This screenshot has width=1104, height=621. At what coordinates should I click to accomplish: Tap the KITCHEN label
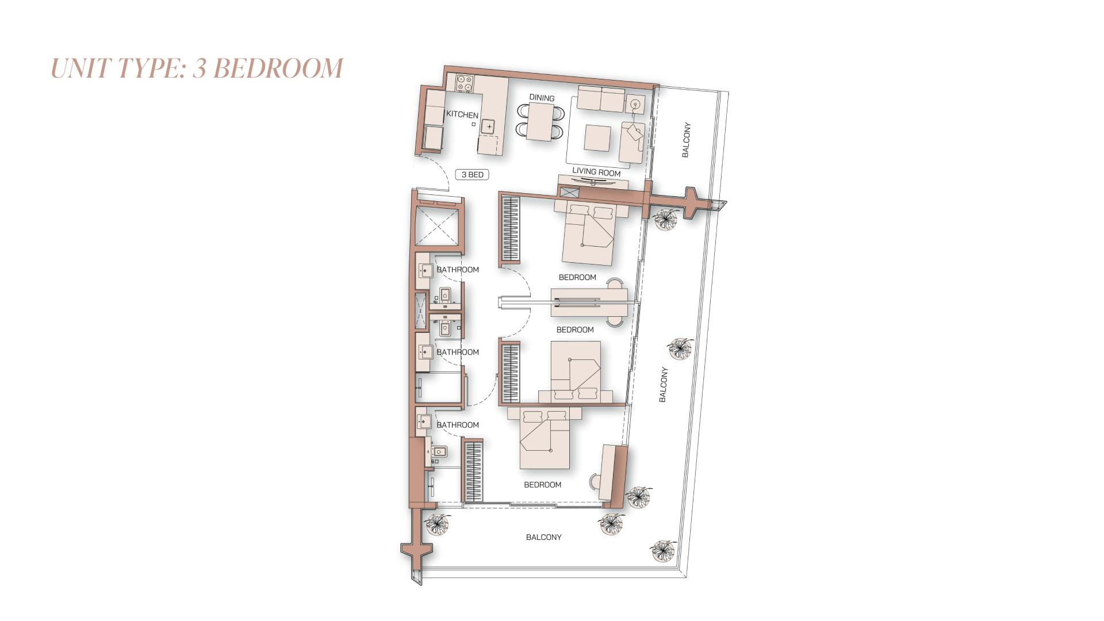pos(462,114)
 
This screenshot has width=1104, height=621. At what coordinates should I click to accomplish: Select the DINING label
pos(542,98)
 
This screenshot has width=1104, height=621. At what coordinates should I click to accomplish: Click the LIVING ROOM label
pos(596,172)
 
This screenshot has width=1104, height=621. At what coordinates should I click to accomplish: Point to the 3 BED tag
pos(472,174)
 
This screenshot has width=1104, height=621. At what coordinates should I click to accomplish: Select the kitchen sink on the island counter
pos(488,125)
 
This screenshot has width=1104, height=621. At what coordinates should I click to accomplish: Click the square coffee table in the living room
pos(597,138)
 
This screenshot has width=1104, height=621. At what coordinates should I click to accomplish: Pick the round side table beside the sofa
pos(635,104)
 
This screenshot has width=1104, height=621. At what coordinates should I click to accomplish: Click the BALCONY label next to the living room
pos(686,140)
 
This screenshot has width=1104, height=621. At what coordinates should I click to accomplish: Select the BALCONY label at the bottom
pos(543,537)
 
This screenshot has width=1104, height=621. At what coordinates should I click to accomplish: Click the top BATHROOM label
pos(457,270)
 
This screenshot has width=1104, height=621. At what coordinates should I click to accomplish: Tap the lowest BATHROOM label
pos(457,425)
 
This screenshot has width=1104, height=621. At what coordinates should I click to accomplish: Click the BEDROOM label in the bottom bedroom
pos(542,485)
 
